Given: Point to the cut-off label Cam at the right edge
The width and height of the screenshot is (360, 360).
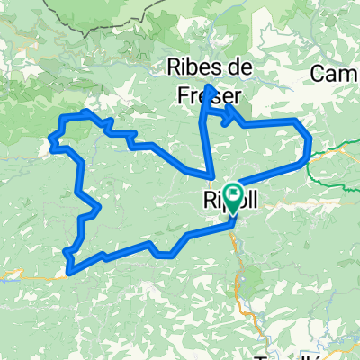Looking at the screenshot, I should point(337,71).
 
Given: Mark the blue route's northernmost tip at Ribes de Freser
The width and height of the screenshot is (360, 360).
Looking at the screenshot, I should point(209,85).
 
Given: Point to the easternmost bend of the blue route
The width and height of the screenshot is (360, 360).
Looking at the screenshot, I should point(310,142).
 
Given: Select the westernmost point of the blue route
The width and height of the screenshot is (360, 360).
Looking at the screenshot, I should point(49,140).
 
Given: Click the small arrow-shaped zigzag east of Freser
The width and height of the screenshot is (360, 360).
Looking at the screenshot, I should point(228,114).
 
